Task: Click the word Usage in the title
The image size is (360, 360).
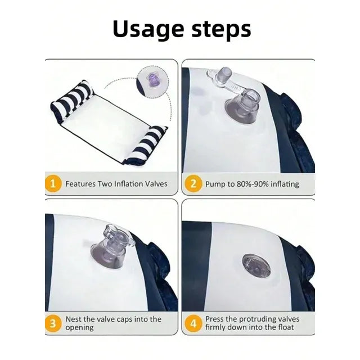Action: click(x=148, y=29)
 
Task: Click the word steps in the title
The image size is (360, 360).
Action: click(x=221, y=30)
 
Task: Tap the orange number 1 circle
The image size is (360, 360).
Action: click(x=53, y=184)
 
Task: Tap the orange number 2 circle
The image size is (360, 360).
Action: click(x=193, y=184)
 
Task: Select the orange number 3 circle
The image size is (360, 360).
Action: click(x=53, y=323)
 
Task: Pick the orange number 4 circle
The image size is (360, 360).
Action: click(x=193, y=323)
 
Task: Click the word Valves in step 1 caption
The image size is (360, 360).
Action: click(x=156, y=184)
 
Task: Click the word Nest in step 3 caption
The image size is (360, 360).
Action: click(x=74, y=319)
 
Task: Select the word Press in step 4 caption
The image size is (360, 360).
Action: click(x=214, y=319)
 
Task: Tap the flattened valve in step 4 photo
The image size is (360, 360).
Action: click(x=256, y=265)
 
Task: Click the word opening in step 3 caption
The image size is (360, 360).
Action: click(x=79, y=327)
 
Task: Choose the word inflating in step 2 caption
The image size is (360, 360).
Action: click(x=285, y=184)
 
